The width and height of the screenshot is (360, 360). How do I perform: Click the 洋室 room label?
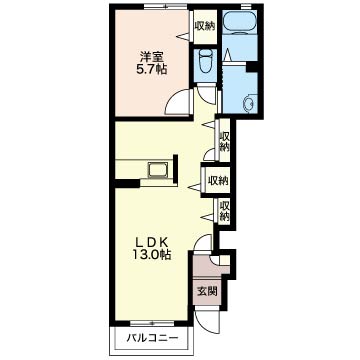click(151, 56)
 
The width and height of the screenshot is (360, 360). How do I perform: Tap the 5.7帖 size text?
click(152, 70)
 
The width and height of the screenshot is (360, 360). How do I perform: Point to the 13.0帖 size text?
click(152, 255)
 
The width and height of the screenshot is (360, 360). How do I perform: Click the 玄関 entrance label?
click(207, 292)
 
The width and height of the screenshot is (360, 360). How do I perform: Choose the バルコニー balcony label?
click(152, 338)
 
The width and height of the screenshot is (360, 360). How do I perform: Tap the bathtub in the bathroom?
click(240, 23)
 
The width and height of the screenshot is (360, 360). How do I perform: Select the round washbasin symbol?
click(249, 104)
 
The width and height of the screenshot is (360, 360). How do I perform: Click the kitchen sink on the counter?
click(158, 171)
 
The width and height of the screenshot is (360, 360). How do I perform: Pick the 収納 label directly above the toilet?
click(204, 26)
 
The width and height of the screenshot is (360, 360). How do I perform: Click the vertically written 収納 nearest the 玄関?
click(225, 211)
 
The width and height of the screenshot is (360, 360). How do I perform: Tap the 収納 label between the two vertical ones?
click(218, 180)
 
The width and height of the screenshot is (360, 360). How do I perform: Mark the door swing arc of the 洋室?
click(175, 100)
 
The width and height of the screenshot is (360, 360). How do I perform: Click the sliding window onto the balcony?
click(152, 323)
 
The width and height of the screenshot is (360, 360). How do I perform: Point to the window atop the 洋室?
click(165, 6)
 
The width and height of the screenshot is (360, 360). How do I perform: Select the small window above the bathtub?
click(246, 6)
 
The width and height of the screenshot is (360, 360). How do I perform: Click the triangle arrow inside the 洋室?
click(183, 35)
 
